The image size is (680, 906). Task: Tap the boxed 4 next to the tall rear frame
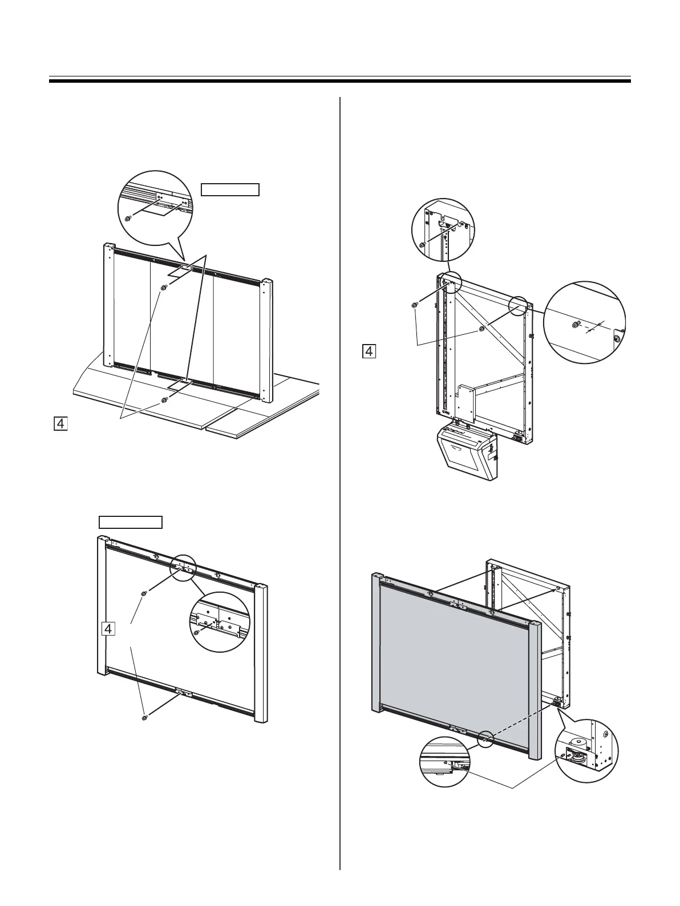coord(369,350)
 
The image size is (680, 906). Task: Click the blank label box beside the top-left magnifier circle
coord(230,189)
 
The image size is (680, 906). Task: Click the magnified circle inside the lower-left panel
coord(220,622)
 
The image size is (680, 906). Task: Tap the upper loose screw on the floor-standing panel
coord(164,288)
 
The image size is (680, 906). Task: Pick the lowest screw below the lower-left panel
coord(145,717)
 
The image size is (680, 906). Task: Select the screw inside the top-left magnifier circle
coord(128,218)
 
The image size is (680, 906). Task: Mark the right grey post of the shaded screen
coord(535,690)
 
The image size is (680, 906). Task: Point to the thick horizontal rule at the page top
coord(340,81)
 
